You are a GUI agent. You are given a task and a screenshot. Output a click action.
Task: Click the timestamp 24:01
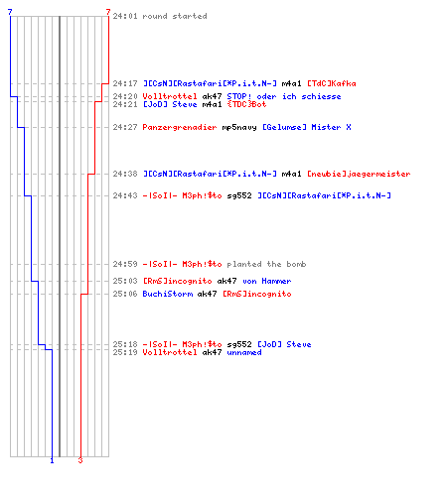point(125,16)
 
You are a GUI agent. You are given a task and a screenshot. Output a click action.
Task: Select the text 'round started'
point(175,16)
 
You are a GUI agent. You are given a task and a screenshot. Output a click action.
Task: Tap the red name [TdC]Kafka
point(332,83)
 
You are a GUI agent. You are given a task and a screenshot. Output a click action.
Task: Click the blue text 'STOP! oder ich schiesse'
point(284,96)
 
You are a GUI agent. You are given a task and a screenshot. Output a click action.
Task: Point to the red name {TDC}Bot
point(246,104)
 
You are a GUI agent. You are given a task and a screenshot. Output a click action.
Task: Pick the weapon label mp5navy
point(239,127)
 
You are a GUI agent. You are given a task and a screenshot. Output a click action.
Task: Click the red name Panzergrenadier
point(180,127)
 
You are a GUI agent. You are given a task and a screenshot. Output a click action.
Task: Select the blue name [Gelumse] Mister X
point(307,127)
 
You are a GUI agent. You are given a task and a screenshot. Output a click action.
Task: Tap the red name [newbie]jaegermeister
point(359,174)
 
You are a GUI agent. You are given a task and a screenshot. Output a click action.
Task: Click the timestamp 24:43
point(125,195)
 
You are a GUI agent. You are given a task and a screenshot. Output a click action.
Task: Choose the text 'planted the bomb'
point(266,264)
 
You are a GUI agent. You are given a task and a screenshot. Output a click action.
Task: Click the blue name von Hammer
point(267,281)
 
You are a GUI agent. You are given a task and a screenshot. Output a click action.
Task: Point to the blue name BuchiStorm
point(168,294)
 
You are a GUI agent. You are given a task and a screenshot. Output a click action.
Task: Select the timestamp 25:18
point(125,344)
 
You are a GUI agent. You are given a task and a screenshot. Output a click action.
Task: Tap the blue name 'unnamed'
point(244,352)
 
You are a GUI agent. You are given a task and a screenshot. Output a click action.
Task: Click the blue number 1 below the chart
point(52,460)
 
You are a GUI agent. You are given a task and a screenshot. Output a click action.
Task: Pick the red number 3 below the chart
point(80,460)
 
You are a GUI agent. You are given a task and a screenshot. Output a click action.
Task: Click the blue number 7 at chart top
point(10,12)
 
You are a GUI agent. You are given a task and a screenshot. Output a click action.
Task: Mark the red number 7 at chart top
point(108,12)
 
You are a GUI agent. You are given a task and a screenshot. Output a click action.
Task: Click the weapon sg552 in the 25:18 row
point(239,344)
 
